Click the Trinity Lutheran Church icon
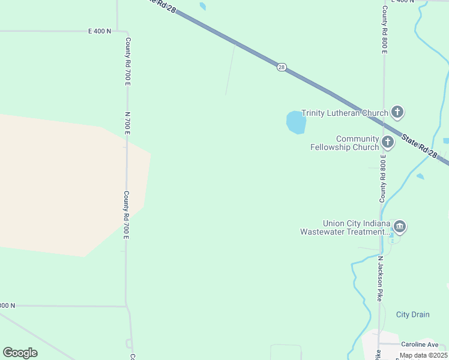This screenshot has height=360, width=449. coord(397,112)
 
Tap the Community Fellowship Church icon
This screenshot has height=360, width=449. coord(388,143)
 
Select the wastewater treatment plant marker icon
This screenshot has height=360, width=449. coord(400,227)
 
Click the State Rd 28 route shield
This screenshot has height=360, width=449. coord(282,67)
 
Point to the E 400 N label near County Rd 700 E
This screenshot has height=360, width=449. coord(100,31)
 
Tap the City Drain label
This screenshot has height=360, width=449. coord(412,314)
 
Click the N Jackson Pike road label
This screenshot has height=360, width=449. coord(380,279)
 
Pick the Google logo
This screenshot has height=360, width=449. coord(20,353)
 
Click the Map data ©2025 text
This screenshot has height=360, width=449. coord(423,355)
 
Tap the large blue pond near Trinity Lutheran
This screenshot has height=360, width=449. coord(295,122)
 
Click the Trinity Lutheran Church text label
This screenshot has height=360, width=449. coord(345,113)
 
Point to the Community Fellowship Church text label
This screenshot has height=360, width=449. coord(345,143)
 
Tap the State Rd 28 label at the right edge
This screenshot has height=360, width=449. coord(420,146)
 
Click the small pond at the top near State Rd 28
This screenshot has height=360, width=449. coord(203,7)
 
